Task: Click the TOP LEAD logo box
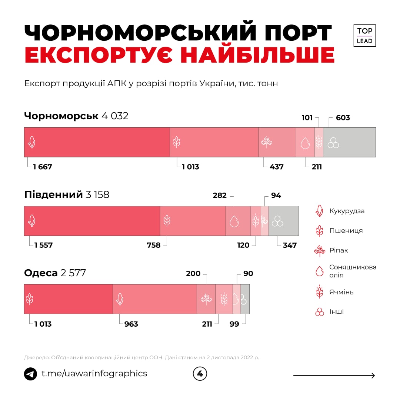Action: tap(364, 36)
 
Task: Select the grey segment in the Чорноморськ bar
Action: tap(349, 142)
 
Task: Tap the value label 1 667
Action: tap(43, 167)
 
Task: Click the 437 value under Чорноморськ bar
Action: tap(277, 167)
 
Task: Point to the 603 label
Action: tap(343, 118)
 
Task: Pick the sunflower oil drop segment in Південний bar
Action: tap(238, 221)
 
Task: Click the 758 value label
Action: tap(154, 245)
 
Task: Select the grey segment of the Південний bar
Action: tap(283, 221)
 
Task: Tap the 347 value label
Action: tap(290, 245)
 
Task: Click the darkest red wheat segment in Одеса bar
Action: tap(68, 299)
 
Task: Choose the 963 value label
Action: tap(131, 324)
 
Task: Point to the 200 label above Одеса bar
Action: tap(193, 274)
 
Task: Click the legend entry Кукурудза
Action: tap(347, 211)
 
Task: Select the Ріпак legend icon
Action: tap(319, 251)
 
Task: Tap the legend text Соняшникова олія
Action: tap(353, 271)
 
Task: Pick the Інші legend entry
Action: tap(336, 312)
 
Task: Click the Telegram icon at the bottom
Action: tap(30, 374)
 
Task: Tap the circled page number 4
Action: tap(200, 374)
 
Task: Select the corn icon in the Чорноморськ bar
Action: tap(32, 142)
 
